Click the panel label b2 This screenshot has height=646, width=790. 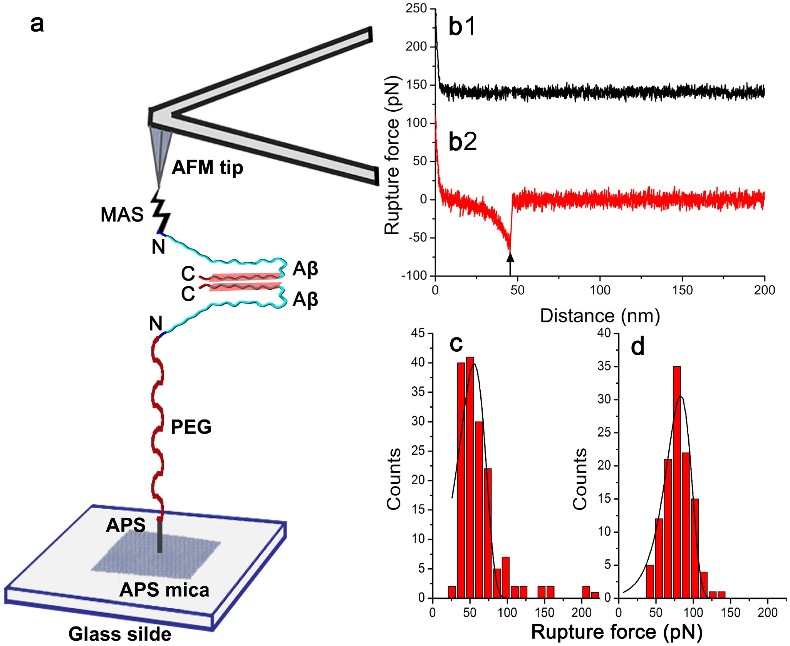coord(463,141)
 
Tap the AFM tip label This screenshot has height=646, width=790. coord(207,167)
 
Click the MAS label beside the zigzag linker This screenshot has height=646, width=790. coord(122,215)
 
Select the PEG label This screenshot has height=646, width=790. coord(191,427)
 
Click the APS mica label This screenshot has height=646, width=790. coord(164,590)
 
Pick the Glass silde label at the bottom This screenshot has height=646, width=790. coord(120,634)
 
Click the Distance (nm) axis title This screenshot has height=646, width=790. coord(600,316)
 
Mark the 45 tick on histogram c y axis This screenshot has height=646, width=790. coord(418,333)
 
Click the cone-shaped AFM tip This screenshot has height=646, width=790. coord(159,154)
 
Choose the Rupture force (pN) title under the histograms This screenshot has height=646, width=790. coord(617,632)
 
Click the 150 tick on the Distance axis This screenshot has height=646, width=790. coord(682,290)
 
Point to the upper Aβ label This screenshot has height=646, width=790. coord(305,268)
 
